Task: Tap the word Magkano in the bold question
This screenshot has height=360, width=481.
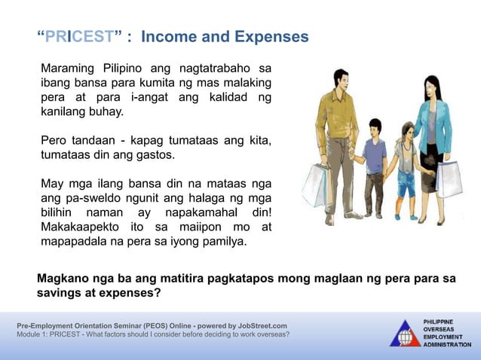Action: coord(66,278)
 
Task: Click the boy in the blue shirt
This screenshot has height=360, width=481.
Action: coord(373,162)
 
